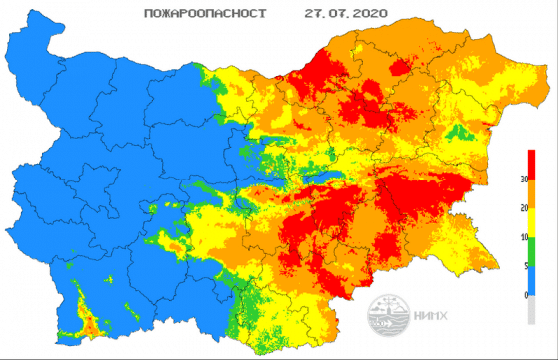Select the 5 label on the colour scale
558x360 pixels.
pyautogui.click(x=522, y=267)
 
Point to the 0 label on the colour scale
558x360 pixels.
pyautogui.click(x=522, y=295)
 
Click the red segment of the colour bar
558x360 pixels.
pyautogui.click(x=533, y=165)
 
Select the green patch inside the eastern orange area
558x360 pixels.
pyautogui.click(x=457, y=132)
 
